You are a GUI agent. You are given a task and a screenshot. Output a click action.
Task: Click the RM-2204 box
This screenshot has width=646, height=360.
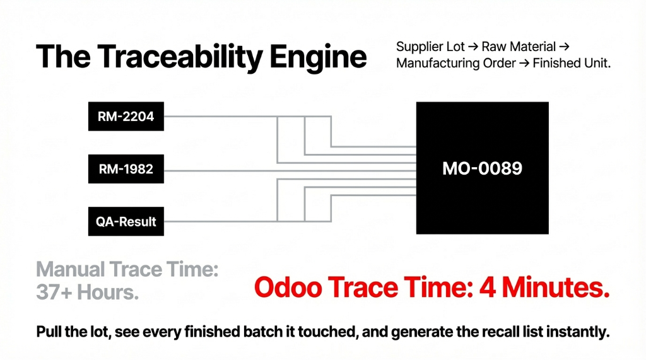(x=126, y=117)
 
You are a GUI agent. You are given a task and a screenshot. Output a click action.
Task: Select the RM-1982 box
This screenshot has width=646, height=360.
(x=126, y=169)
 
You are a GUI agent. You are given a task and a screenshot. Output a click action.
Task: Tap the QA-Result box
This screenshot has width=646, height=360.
(x=126, y=221)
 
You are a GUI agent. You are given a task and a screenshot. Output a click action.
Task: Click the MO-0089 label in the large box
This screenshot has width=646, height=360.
(x=482, y=168)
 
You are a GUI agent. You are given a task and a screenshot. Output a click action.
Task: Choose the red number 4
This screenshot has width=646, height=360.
(x=488, y=287)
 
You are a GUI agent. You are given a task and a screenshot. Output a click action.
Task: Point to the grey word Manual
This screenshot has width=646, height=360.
(x=71, y=270)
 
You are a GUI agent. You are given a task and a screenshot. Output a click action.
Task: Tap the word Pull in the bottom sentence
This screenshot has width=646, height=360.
(x=50, y=333)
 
